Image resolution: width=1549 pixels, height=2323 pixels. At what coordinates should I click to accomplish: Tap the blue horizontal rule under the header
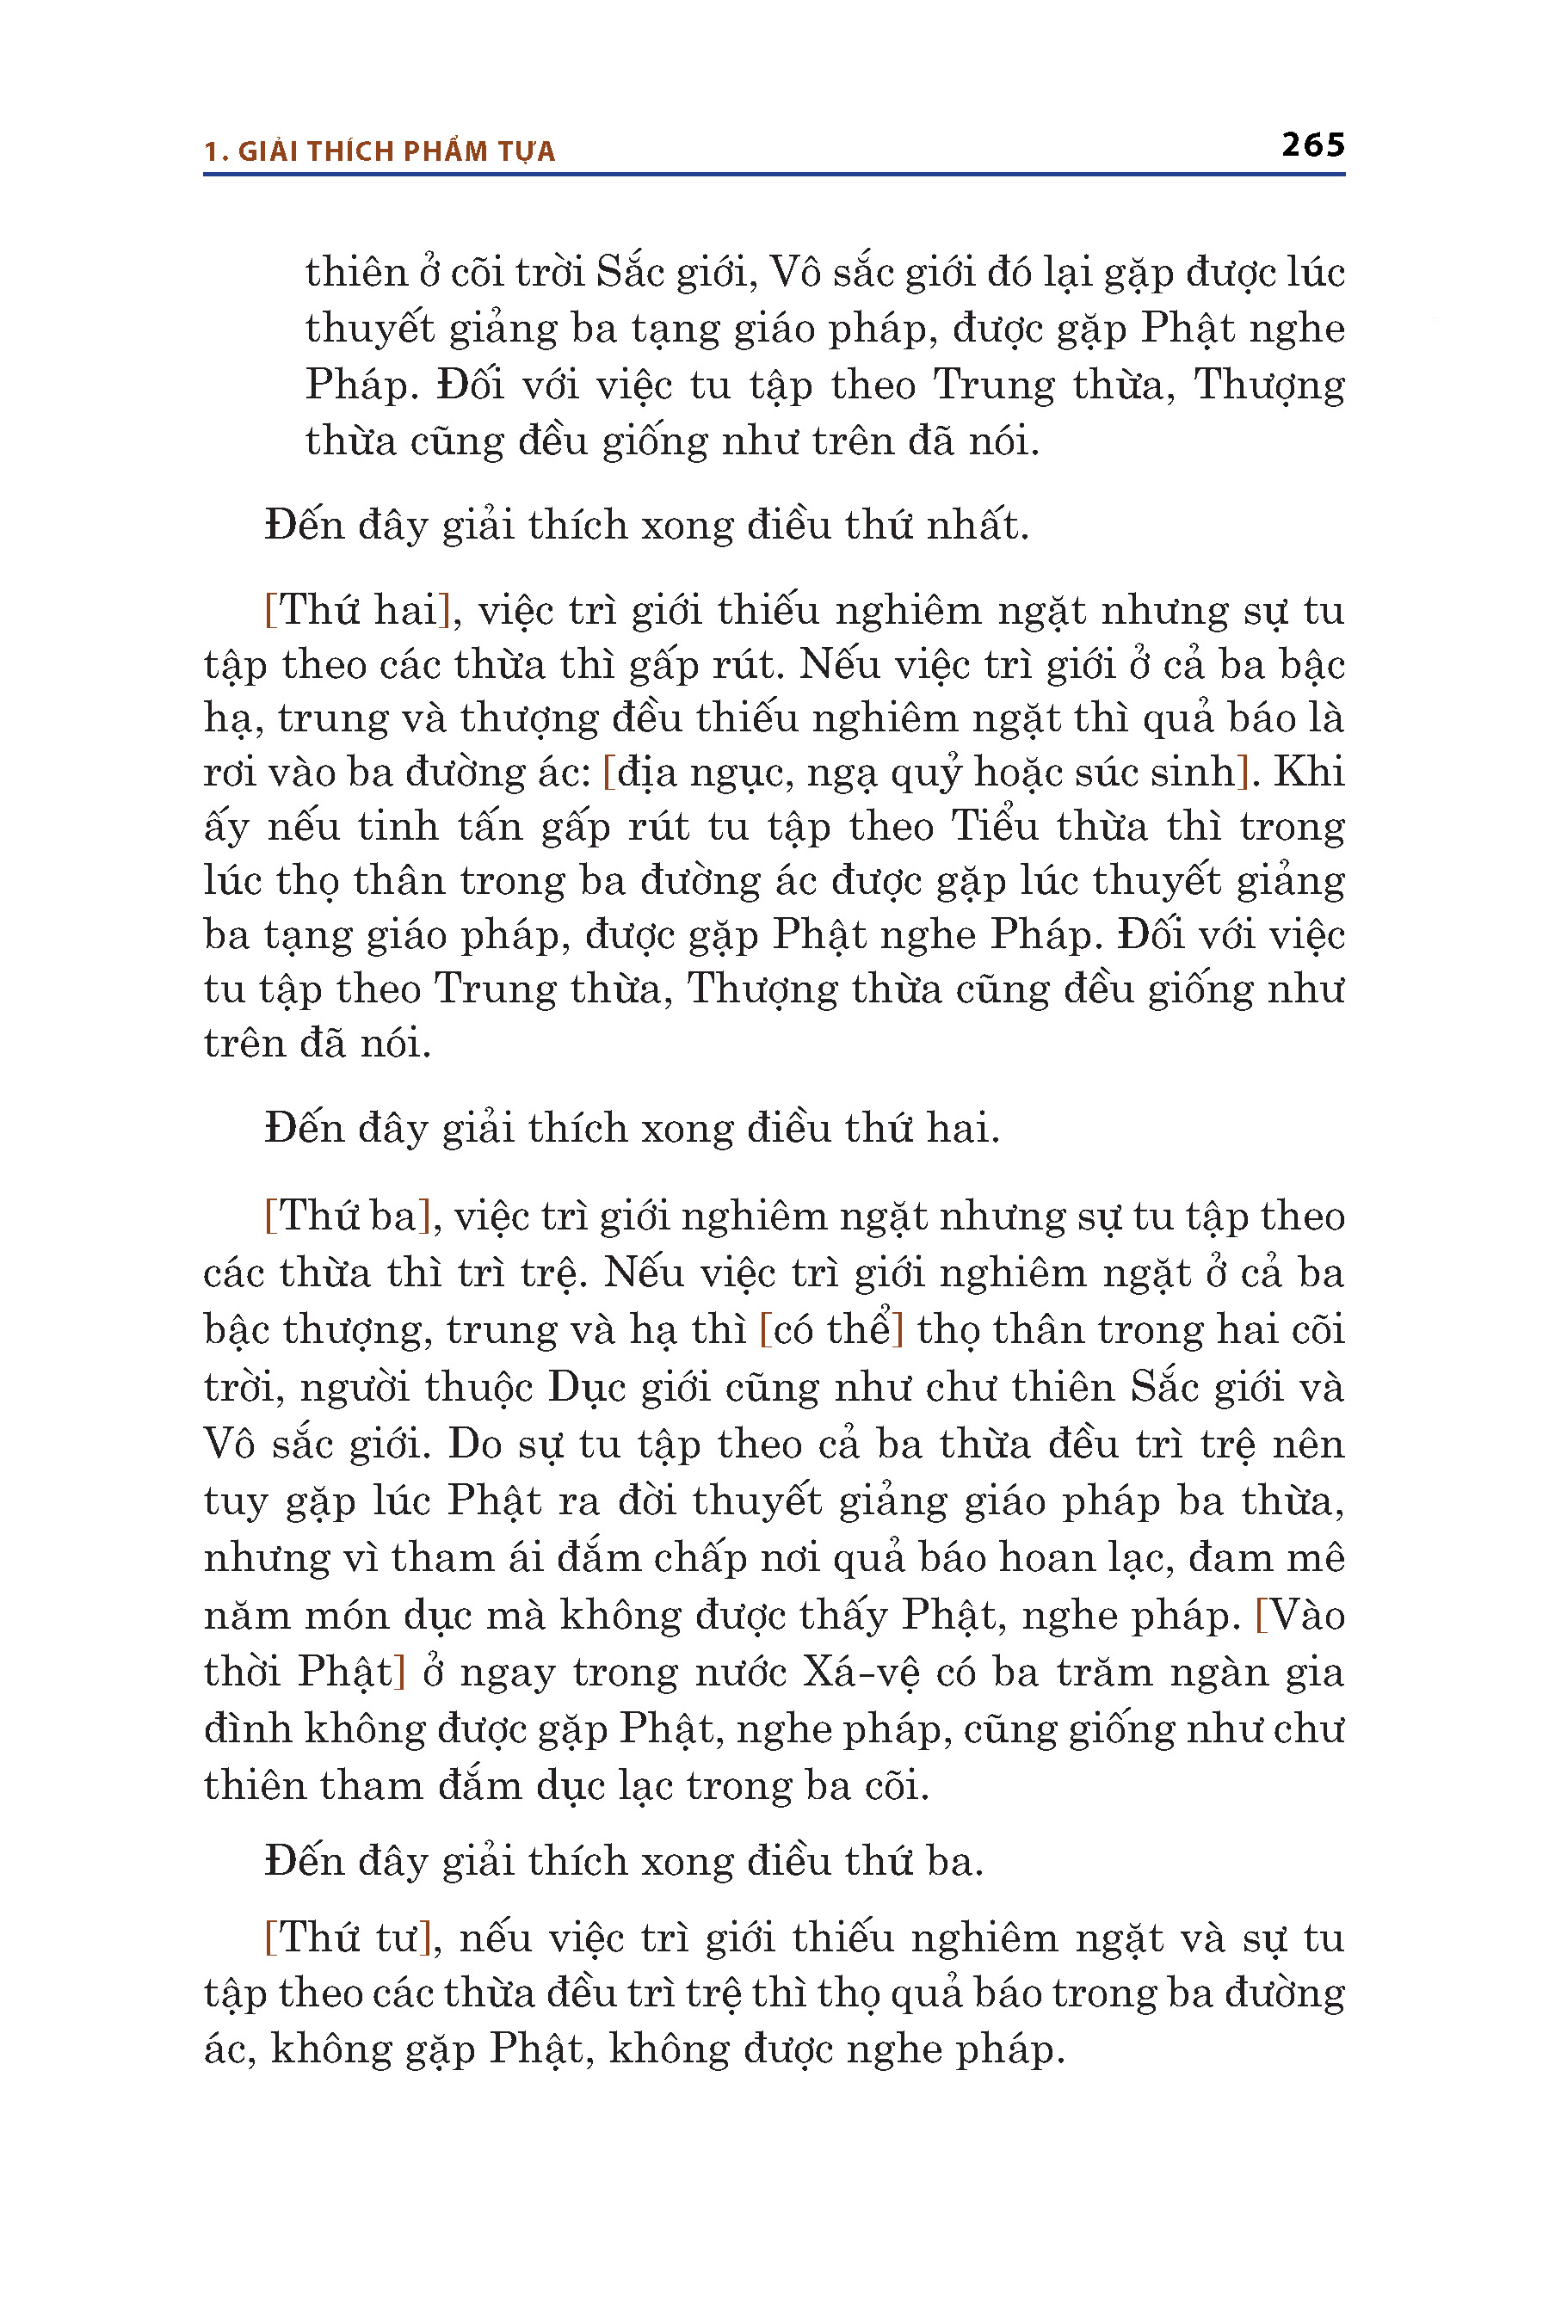[x=774, y=175]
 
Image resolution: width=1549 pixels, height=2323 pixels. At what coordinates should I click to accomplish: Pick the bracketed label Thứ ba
[x=349, y=1216]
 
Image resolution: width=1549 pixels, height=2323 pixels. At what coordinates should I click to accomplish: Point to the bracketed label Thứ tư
[x=349, y=1938]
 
